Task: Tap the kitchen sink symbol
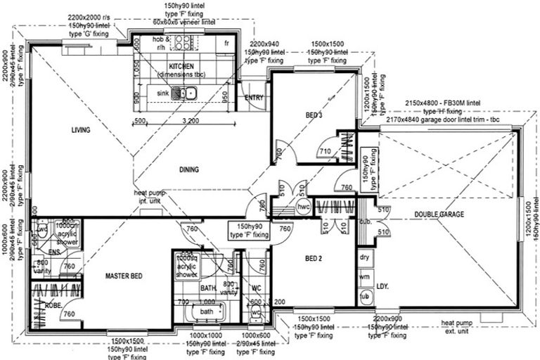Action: click(x=187, y=93)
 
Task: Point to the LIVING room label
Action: click(x=83, y=130)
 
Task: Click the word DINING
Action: click(x=188, y=169)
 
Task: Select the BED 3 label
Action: click(x=314, y=115)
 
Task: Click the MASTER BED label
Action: click(x=124, y=276)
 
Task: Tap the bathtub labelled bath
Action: click(x=207, y=311)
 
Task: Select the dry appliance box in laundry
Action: click(x=364, y=257)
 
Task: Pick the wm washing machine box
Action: click(x=364, y=278)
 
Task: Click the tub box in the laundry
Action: click(x=364, y=297)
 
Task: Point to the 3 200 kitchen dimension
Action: click(x=188, y=122)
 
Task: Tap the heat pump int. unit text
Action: click(x=150, y=195)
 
